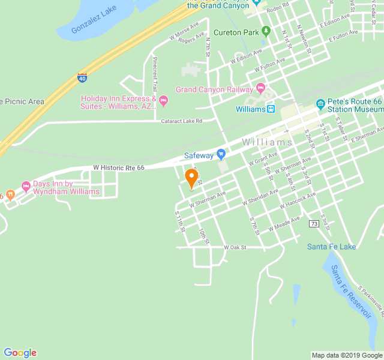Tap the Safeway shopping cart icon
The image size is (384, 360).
pyautogui.click(x=221, y=155)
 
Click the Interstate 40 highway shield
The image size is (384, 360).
pyautogui.click(x=82, y=77)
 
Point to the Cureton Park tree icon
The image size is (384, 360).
pyautogui.click(x=266, y=31)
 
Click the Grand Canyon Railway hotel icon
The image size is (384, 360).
pyautogui.click(x=260, y=89)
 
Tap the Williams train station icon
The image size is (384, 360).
pyautogui.click(x=271, y=109)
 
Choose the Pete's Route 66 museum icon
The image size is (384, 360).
pyautogui.click(x=320, y=104)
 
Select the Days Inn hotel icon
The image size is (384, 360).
pyautogui.click(x=26, y=186)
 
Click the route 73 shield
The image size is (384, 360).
pyautogui.click(x=314, y=224)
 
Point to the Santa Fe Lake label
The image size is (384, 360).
pyautogui.click(x=331, y=247)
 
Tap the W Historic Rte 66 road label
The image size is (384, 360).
pyautogui.click(x=119, y=168)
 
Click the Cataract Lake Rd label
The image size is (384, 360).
pyautogui.click(x=181, y=121)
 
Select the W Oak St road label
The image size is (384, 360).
pyautogui.click(x=235, y=247)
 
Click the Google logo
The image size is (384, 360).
pyautogui.click(x=20, y=353)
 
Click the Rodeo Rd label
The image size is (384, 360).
pyautogui.click(x=278, y=8)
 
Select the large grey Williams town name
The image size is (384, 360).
pyautogui.click(x=267, y=142)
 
